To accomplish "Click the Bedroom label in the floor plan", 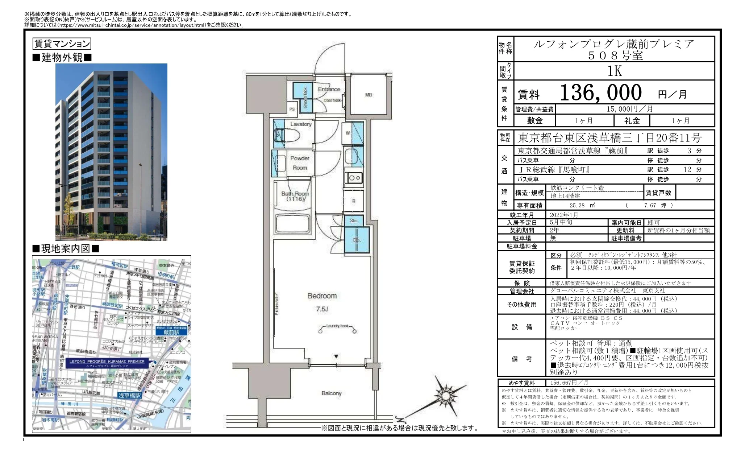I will tap(322, 296).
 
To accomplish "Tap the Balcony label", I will tap(331, 393).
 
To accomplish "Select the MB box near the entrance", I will tap(368, 95).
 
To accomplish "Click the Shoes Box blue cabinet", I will tap(303, 95).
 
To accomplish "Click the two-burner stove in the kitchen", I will tap(354, 178).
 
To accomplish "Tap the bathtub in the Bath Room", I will tap(292, 224).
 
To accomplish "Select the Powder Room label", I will tap(300, 163).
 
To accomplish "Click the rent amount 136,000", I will tap(601, 93).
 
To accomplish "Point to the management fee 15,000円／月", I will tap(634, 109).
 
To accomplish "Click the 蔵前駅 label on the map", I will tap(171, 332).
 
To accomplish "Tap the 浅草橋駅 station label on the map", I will tap(129, 395).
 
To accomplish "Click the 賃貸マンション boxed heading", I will tap(62, 44).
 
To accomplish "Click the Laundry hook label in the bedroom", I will tap(337, 326).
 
